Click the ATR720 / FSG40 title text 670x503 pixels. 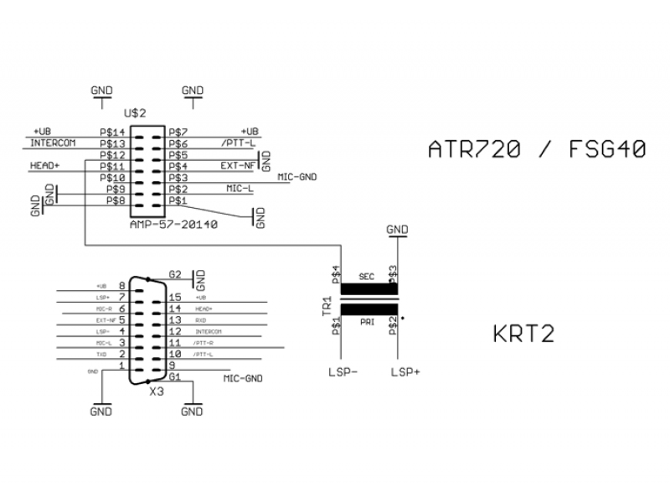click(x=537, y=149)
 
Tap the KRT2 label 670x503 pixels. click(x=523, y=335)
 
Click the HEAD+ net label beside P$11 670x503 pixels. click(x=45, y=166)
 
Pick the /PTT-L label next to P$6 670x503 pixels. click(x=239, y=143)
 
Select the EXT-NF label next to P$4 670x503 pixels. click(x=238, y=166)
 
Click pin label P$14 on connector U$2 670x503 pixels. click(x=112, y=132)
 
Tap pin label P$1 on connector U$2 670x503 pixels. click(x=176, y=201)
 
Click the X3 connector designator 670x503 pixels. click(x=155, y=392)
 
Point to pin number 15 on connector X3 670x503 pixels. click(x=175, y=297)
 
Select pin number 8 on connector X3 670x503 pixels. click(x=121, y=286)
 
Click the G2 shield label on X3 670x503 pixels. click(x=175, y=274)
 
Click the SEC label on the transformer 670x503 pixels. click(x=366, y=277)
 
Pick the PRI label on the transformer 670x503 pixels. click(x=366, y=320)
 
